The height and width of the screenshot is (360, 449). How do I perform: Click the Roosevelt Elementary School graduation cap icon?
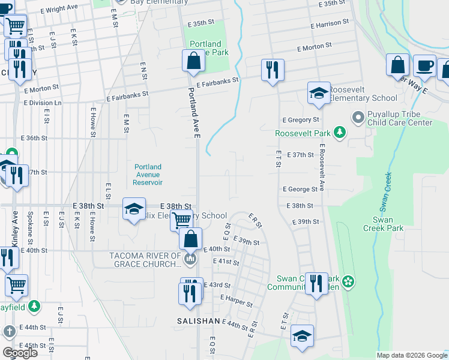coord(319,93)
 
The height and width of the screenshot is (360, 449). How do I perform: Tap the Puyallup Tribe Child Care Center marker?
coord(358,116)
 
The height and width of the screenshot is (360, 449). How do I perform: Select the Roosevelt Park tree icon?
coord(340,133)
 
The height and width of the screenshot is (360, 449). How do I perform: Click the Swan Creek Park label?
coord(382,223)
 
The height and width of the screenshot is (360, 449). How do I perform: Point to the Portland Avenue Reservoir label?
coord(148,174)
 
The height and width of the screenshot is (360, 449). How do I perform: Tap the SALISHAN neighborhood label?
coord(198,321)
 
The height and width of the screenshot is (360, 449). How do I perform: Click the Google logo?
coord(20,353)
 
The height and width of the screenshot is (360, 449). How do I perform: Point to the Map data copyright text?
coord(411,355)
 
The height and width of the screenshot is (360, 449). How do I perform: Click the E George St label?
coord(300,189)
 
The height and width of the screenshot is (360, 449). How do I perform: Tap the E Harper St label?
coord(235,300)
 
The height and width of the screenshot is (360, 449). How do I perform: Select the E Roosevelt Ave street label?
coord(322,168)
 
